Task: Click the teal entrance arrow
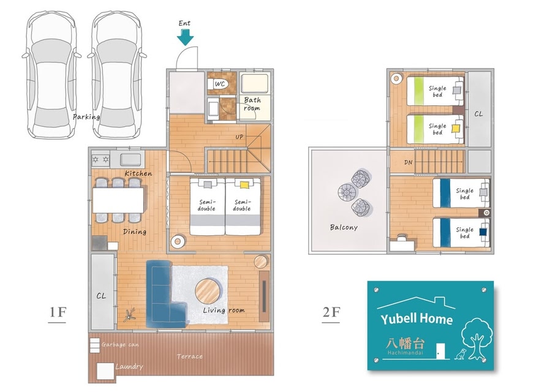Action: point(185,37)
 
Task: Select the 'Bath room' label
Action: point(252,104)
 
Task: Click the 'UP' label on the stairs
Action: point(240,137)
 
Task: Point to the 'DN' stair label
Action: point(408,163)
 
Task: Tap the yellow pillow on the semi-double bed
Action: point(244,184)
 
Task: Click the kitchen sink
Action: point(130,160)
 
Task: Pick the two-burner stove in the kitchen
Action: point(100,160)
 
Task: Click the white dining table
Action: point(118,200)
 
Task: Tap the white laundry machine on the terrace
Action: point(105,371)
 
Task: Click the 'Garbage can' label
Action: point(120,345)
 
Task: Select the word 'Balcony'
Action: point(344,227)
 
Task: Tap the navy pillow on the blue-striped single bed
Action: point(483,232)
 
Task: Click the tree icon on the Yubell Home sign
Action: point(477,339)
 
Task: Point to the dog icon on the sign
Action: point(461,354)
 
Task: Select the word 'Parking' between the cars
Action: point(86,117)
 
